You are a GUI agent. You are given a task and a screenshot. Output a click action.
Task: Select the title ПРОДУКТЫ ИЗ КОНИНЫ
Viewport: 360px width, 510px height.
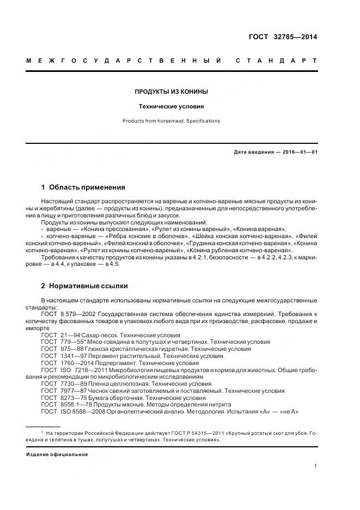(x=172, y=92)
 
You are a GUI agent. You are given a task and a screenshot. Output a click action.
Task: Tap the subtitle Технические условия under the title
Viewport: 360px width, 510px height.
(x=172, y=107)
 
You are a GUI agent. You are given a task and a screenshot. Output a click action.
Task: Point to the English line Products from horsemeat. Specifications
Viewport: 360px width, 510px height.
(x=172, y=121)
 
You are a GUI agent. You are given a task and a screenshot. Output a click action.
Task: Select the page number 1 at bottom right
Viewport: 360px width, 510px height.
(x=316, y=466)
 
